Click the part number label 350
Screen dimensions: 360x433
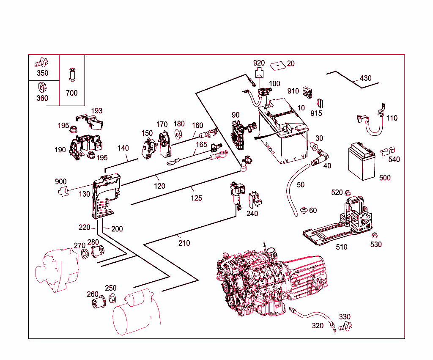pos(42,73)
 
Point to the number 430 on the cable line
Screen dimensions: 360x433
pos(365,78)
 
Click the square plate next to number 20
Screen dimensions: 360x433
pos(276,65)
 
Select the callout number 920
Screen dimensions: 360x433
pos(259,63)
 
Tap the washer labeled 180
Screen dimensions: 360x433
pos(178,134)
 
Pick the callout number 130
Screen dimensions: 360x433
pos(84,194)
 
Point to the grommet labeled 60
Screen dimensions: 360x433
pos(303,210)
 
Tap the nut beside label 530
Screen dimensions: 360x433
pos(374,236)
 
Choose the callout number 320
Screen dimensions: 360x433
pos(318,326)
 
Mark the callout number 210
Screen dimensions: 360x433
pos(184,243)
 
